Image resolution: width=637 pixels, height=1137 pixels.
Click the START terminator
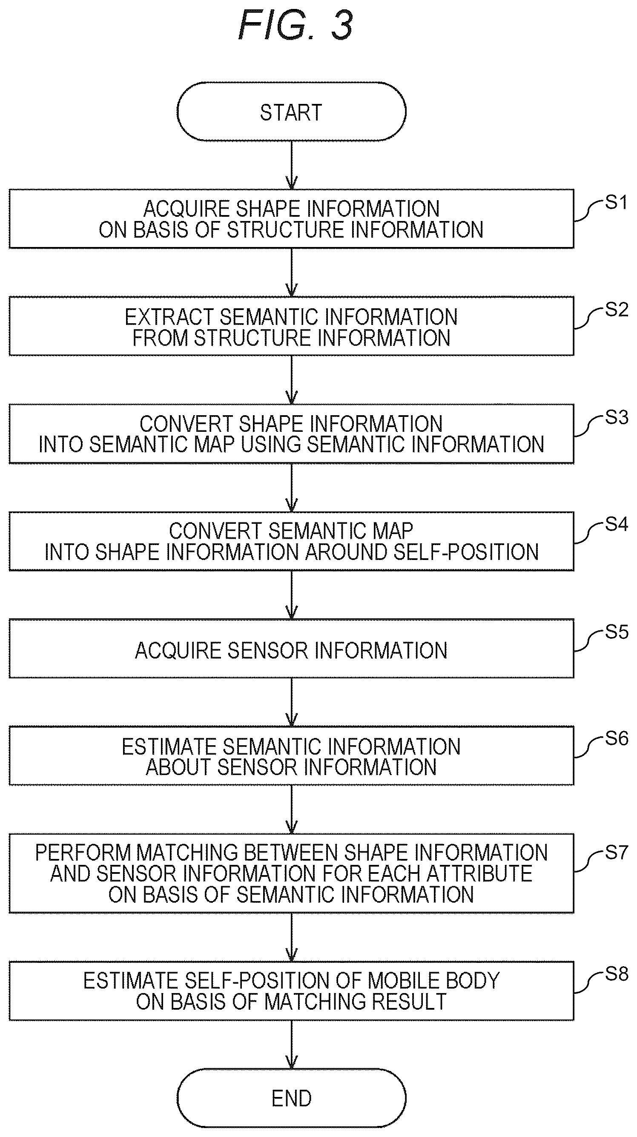(291, 112)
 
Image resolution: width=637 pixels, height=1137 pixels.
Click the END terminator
(291, 1098)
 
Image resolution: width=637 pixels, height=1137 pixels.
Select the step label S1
(616, 202)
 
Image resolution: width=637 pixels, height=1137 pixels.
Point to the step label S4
(616, 524)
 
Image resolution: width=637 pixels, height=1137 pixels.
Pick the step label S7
(616, 852)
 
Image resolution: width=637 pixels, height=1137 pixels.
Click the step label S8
(616, 973)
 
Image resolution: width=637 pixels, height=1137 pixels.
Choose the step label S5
(616, 632)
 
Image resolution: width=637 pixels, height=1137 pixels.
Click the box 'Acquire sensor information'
(291, 649)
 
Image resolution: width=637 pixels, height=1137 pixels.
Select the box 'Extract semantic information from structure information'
(291, 326)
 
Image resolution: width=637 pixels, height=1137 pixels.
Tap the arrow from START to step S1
(291, 166)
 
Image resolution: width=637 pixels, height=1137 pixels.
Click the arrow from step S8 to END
(291, 1044)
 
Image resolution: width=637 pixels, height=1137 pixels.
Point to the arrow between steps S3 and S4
(291, 488)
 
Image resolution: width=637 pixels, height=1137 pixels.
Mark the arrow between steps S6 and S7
(291, 810)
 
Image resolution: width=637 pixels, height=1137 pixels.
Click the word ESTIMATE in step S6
(169, 747)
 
